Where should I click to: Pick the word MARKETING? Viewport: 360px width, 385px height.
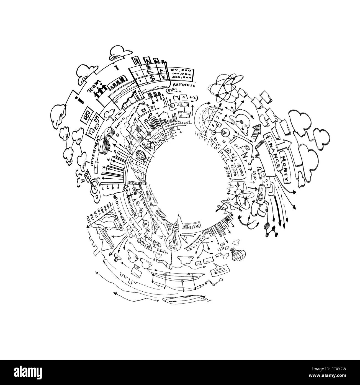121,209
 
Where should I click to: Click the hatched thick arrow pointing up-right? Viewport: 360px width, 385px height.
257,129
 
